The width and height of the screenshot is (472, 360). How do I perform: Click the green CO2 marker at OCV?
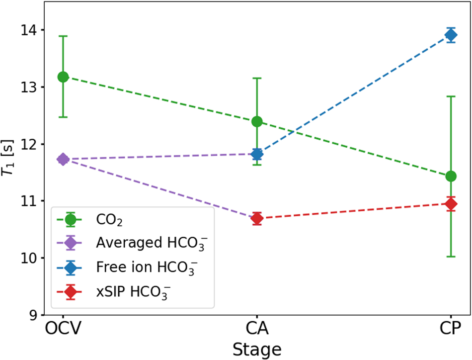63,77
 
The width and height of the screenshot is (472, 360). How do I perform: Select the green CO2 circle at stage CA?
257,121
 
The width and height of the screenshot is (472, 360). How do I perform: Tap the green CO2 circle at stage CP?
451,176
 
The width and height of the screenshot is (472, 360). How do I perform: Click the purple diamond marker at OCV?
63,159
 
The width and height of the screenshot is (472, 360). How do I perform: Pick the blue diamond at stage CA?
257,154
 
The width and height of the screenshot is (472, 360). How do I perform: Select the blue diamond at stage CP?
451,35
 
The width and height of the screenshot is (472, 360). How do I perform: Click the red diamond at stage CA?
257,218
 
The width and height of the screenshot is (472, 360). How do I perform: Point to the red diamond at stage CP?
451,203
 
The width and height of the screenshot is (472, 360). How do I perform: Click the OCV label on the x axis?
63,329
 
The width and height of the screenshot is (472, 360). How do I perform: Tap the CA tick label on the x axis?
257,329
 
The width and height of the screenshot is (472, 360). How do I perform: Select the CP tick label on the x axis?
451,329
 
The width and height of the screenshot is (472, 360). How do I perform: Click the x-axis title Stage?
257,348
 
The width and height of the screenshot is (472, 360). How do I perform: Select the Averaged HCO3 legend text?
151,244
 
